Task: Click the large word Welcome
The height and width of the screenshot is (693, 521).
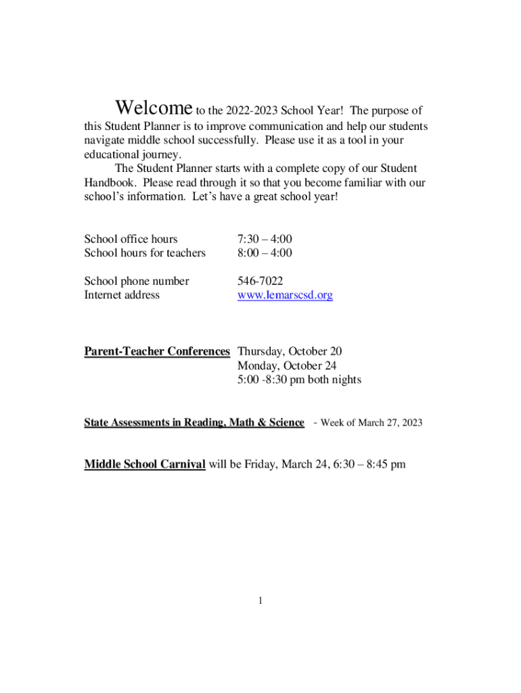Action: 154,108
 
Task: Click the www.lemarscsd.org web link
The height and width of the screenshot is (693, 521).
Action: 285,295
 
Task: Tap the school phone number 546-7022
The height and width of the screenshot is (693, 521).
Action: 260,281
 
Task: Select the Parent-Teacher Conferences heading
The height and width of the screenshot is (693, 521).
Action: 157,351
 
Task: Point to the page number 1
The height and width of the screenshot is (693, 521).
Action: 260,600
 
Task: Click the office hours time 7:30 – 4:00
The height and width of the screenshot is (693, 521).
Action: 265,239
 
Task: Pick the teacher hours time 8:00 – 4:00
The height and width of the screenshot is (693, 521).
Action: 265,253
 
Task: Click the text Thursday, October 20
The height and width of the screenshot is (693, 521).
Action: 290,351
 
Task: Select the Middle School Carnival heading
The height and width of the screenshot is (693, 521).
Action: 145,464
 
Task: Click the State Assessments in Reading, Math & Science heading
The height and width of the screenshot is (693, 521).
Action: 194,422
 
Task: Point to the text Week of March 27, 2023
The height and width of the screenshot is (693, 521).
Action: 371,422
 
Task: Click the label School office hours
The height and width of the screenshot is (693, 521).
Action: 131,239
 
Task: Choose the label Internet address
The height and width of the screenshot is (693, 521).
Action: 122,295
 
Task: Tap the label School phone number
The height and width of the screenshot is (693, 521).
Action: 137,281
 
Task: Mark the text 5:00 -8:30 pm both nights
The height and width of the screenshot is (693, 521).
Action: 299,380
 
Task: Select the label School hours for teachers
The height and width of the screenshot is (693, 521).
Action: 145,253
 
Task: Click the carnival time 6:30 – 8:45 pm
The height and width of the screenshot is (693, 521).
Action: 367,464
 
